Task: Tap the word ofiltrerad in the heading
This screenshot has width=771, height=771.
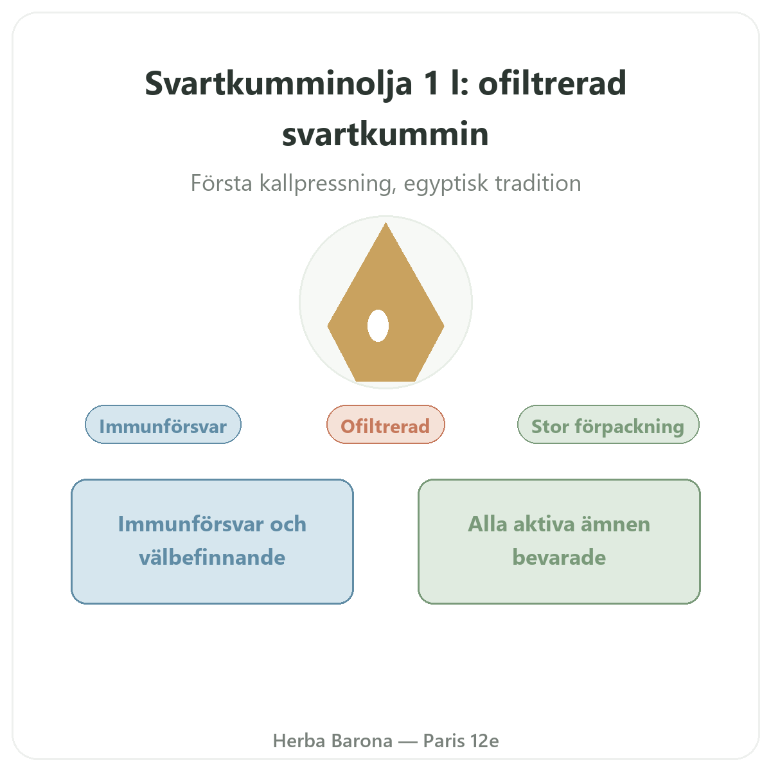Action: tap(552, 84)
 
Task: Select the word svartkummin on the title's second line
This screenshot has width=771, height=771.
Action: tap(385, 134)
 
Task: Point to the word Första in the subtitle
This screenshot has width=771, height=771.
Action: tap(221, 183)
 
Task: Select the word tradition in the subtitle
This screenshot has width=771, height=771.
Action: tap(538, 183)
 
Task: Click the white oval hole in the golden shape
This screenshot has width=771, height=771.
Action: tap(378, 326)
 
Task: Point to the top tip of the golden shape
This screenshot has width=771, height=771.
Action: tap(385, 223)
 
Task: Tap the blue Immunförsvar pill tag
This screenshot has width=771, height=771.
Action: tap(163, 425)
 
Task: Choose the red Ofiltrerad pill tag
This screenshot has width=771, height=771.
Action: tap(385, 425)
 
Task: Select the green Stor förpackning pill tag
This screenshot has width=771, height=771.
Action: tap(608, 425)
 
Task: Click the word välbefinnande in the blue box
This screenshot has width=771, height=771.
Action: tap(212, 557)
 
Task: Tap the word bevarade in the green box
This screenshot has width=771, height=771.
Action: tap(559, 557)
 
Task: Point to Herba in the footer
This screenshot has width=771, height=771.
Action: tap(299, 741)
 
